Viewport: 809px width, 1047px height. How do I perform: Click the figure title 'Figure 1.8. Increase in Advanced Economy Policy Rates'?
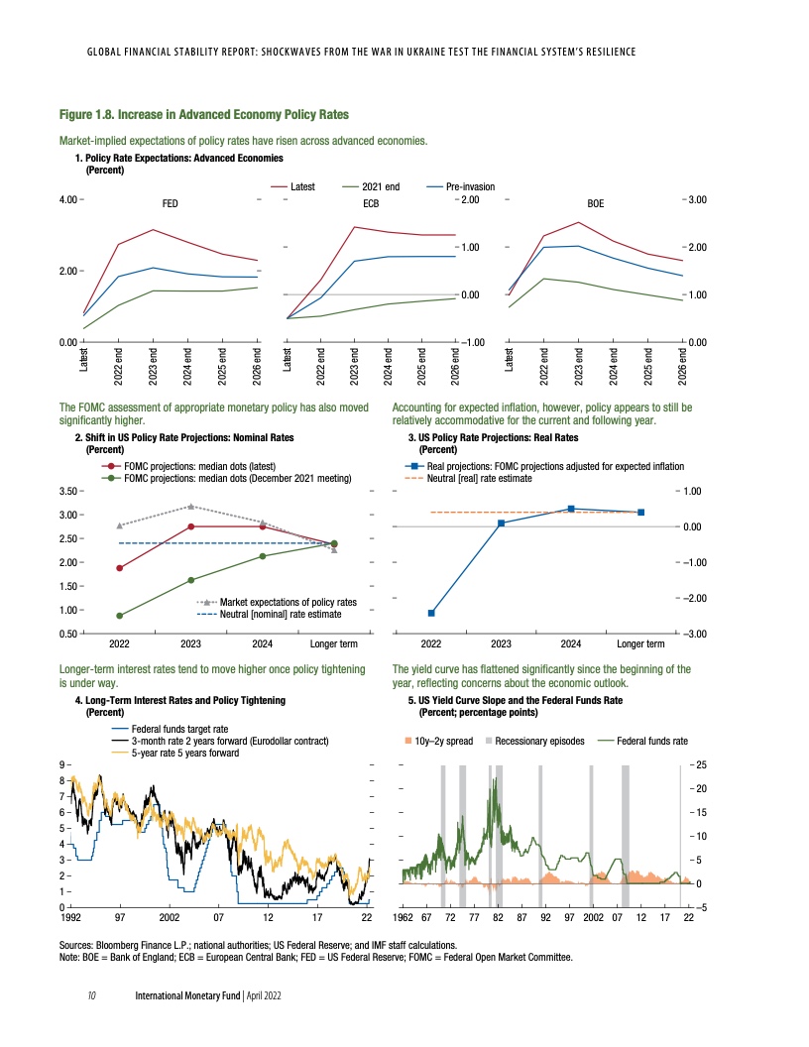[204, 115]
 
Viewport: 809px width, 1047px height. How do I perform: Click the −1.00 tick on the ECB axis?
[470, 342]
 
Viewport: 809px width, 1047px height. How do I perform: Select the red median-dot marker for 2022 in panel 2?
[120, 568]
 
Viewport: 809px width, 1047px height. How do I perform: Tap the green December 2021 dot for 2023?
[190, 580]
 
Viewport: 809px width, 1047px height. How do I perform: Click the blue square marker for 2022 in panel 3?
[431, 613]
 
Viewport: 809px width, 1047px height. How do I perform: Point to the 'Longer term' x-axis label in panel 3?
[640, 643]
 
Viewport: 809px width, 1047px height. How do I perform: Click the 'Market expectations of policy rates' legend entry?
[288, 602]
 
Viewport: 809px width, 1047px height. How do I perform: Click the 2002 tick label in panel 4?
[169, 917]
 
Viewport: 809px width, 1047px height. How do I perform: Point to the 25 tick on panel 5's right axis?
[700, 764]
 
